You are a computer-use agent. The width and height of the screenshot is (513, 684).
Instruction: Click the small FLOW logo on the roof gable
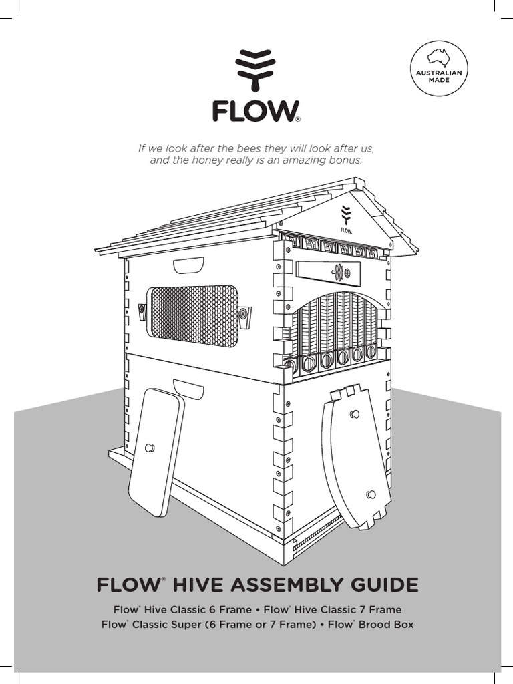click(x=346, y=220)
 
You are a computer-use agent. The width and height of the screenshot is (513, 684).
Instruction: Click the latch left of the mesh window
click(x=142, y=311)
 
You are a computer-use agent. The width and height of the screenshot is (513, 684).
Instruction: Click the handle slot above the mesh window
click(x=188, y=265)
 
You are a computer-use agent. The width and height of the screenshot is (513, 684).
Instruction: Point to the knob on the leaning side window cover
click(x=150, y=448)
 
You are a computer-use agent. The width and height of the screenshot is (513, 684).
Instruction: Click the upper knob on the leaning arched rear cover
click(x=354, y=414)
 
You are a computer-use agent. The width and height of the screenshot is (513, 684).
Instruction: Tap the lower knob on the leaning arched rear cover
click(x=371, y=495)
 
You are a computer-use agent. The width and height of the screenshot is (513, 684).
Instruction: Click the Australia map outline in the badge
click(x=439, y=57)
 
